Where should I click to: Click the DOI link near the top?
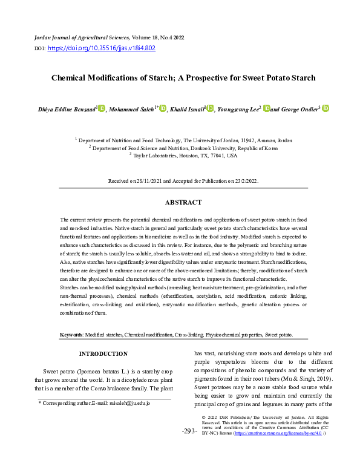(101, 48)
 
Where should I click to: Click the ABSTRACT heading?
(183, 203)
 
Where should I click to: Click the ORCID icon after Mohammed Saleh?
(163, 109)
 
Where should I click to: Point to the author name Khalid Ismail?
(186, 109)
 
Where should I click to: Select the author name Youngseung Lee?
(238, 109)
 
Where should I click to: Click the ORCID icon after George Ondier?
(326, 109)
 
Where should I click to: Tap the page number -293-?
(189, 432)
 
